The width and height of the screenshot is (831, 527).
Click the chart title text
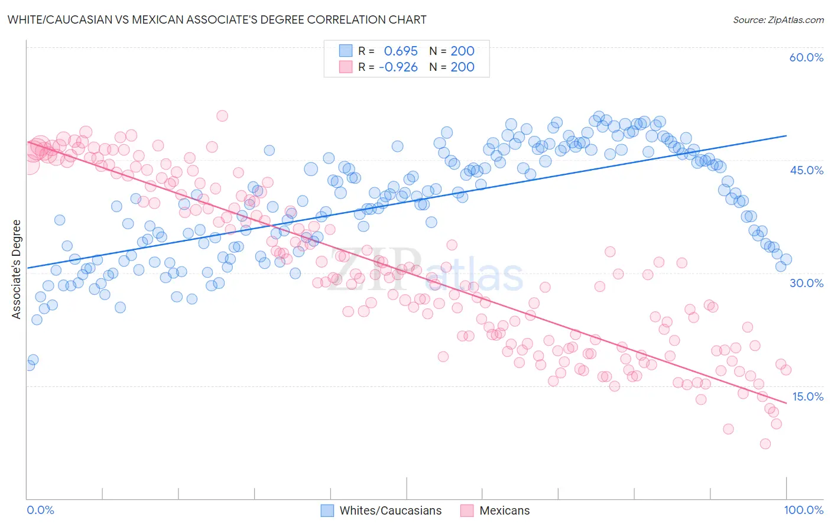[x=216, y=19]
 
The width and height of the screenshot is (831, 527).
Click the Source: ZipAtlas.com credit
[x=778, y=19]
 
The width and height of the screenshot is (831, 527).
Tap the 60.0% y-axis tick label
[x=806, y=57]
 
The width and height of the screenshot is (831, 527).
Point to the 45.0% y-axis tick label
[x=806, y=170]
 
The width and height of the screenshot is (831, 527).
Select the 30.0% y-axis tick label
[x=806, y=283]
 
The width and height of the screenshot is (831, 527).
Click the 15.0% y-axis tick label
[x=807, y=396]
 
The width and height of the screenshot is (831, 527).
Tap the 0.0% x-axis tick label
[x=41, y=510]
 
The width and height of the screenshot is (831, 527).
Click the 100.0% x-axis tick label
[x=804, y=510]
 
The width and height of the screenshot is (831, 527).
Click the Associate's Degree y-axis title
[x=17, y=269]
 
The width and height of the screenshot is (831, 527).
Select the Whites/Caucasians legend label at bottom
[x=391, y=510]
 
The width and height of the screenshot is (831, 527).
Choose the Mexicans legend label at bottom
[x=504, y=510]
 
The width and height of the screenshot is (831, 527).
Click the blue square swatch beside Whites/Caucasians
[x=327, y=510]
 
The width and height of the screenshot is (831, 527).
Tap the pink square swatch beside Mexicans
[x=467, y=510]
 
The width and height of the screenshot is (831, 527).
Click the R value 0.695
[x=401, y=51]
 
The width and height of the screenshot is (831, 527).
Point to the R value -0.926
[x=398, y=67]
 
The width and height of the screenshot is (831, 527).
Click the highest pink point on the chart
[x=222, y=116]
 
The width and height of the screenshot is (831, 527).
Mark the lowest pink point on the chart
[x=765, y=444]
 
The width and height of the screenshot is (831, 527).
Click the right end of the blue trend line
[x=787, y=136]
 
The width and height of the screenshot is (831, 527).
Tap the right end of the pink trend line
[x=787, y=403]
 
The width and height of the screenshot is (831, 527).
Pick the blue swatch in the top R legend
[x=346, y=51]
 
